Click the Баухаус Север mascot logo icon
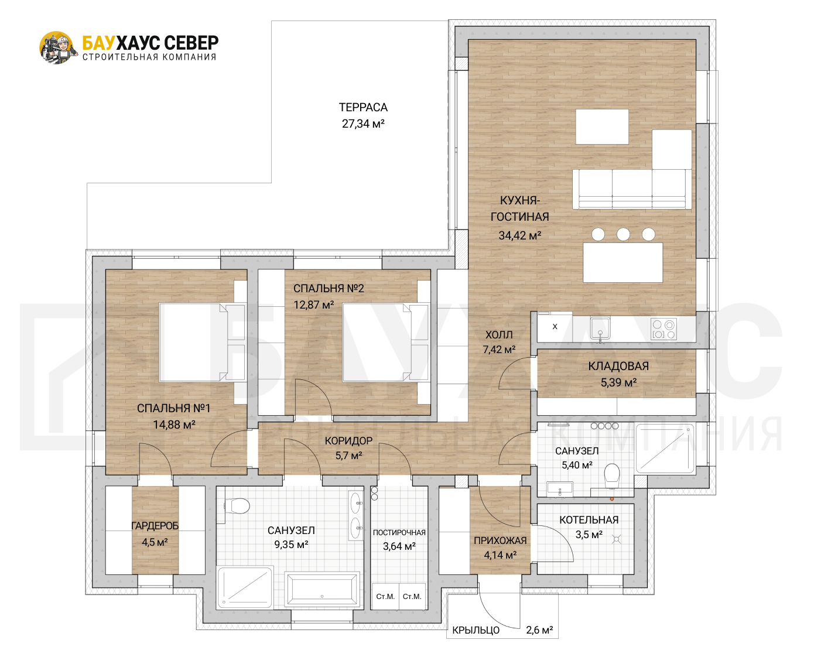point(56,47)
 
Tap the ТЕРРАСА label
point(363,107)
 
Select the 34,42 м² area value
point(520,235)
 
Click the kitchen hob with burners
point(663,328)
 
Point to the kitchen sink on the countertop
point(600,328)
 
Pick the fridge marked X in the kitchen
point(555,327)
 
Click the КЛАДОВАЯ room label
point(618,366)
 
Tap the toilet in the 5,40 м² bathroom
point(612,476)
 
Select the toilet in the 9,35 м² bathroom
point(237,507)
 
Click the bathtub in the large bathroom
point(322,589)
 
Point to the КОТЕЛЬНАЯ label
point(589,520)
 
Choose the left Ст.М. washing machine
point(385,596)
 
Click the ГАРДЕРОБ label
point(155,526)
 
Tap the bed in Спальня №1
point(202,342)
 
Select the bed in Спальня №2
point(385,342)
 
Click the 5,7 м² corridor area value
point(348,456)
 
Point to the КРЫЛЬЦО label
point(476,630)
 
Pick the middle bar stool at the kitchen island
point(623,234)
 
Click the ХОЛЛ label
point(499,335)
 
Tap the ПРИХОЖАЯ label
point(500,540)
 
